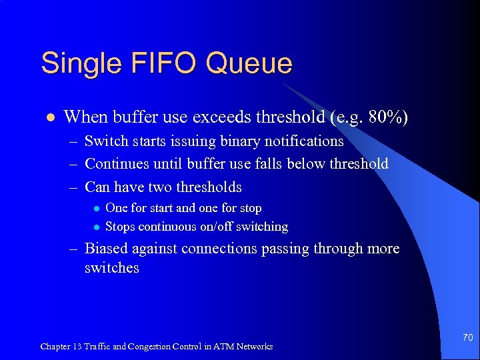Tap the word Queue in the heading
pos(249,64)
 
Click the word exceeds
pos(221,117)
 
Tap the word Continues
pos(117,164)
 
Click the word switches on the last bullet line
pos(112,268)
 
